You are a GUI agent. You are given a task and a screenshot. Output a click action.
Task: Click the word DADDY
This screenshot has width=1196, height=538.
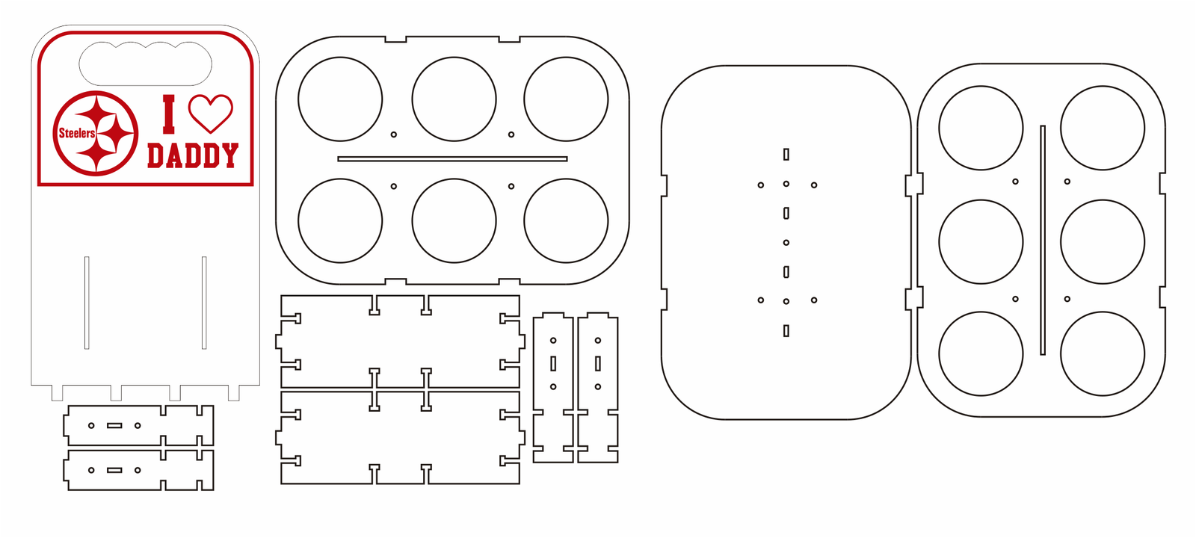click(192, 155)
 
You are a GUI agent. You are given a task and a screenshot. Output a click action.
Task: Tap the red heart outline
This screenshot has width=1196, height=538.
click(210, 112)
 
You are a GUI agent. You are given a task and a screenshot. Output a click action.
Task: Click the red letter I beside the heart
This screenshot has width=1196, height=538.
click(169, 114)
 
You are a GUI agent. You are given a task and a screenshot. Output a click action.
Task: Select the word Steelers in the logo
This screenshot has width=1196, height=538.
click(77, 133)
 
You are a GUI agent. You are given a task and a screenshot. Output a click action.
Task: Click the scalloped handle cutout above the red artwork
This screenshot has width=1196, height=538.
click(146, 63)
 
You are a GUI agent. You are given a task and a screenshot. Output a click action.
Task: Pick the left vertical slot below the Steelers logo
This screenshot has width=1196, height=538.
click(87, 302)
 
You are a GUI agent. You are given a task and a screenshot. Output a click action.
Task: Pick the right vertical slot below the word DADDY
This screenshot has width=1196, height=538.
click(204, 302)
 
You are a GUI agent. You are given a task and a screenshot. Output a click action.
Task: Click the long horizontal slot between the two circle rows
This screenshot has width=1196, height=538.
click(452, 158)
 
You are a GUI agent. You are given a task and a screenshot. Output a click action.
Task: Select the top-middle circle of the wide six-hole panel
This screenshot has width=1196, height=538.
click(454, 99)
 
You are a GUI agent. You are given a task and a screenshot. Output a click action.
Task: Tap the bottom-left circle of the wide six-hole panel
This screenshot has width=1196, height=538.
click(340, 220)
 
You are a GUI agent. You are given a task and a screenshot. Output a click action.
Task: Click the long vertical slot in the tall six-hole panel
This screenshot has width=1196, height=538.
click(1043, 240)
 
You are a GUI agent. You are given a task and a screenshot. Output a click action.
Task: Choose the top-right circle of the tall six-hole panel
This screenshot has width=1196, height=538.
click(1102, 127)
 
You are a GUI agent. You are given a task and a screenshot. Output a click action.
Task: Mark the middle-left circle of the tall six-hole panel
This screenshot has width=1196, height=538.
click(981, 241)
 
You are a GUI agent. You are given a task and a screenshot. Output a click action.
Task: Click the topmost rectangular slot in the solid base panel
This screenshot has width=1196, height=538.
click(786, 155)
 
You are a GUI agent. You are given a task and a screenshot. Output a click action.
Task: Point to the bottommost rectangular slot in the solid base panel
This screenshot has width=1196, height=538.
click(786, 330)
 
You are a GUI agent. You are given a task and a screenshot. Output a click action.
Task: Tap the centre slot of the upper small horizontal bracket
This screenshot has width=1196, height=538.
click(114, 425)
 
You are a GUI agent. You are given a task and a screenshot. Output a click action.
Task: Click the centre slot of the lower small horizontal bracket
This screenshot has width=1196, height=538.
click(114, 470)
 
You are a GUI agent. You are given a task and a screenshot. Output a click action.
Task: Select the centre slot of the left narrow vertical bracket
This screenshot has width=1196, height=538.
click(553, 363)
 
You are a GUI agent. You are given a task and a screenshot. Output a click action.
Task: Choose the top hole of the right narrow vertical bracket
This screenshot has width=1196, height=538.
click(598, 341)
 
